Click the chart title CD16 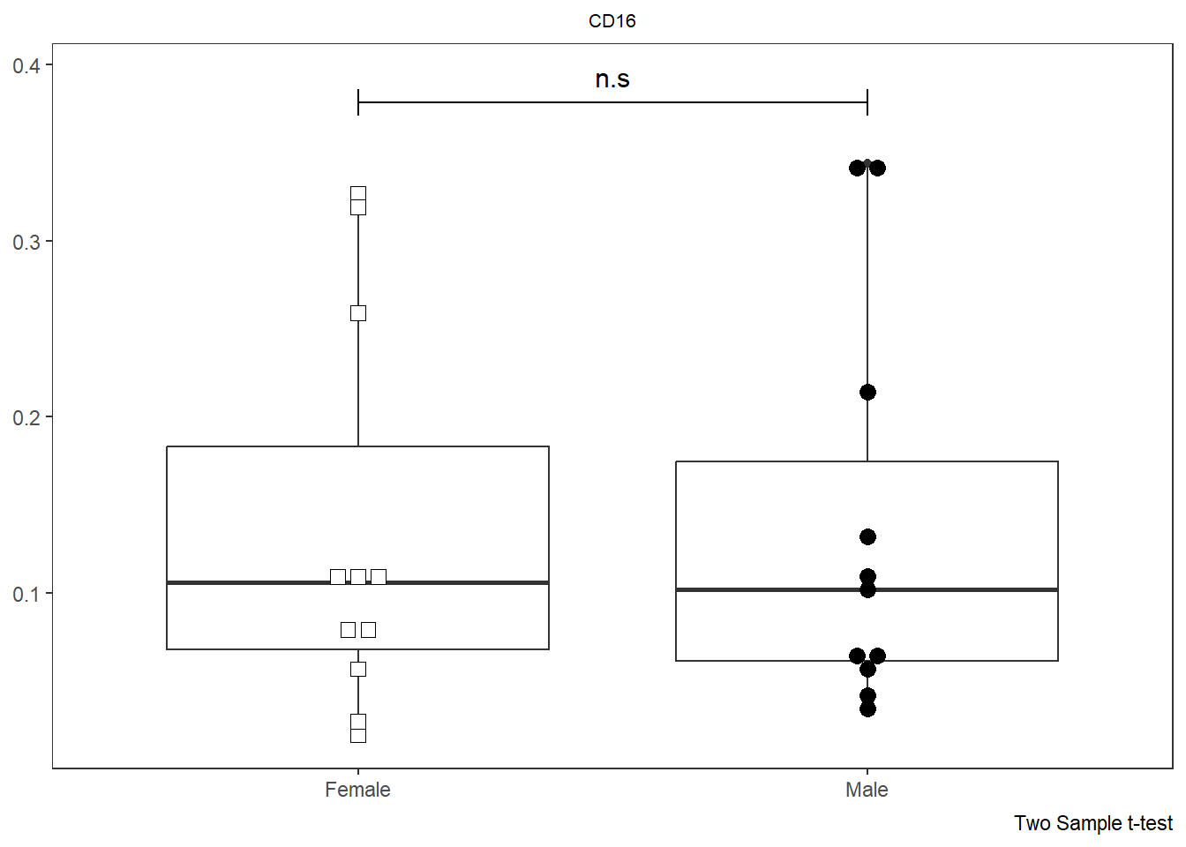click(612, 21)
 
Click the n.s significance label click(612, 79)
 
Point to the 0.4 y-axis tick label click(26, 66)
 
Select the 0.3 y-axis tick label click(26, 243)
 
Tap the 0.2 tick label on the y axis click(26, 418)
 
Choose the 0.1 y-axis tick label click(26, 595)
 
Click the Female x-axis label click(357, 790)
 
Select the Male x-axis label click(867, 790)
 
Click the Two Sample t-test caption click(1092, 823)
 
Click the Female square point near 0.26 click(358, 313)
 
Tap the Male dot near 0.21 click(867, 392)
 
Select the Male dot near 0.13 click(867, 536)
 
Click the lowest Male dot click(867, 708)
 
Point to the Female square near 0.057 click(358, 669)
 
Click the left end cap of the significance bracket click(358, 102)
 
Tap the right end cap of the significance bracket click(867, 102)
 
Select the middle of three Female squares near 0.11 click(358, 577)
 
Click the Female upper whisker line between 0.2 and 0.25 click(358, 379)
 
